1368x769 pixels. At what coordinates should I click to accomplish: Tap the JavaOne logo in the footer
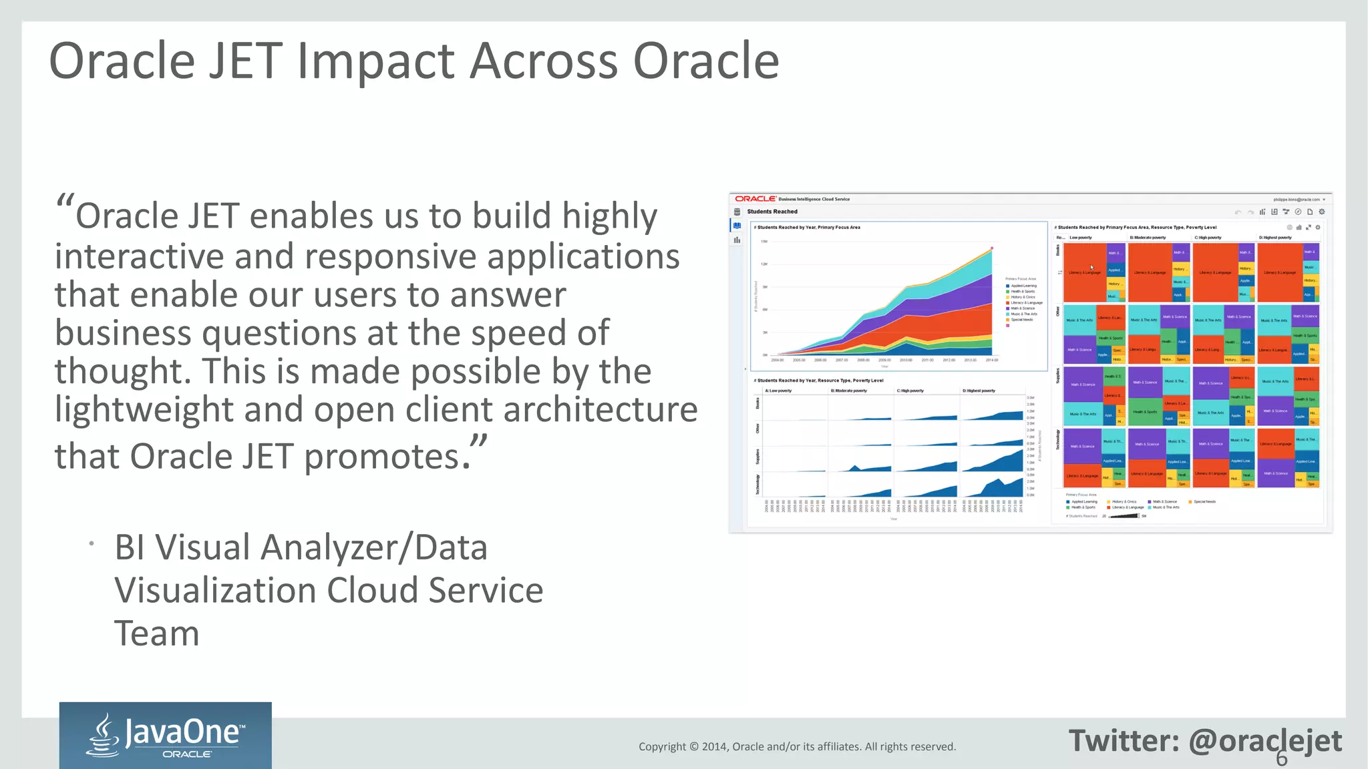coord(165,735)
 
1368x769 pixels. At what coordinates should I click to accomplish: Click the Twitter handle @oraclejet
coord(1265,741)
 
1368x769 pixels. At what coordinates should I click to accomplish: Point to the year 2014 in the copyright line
coord(714,746)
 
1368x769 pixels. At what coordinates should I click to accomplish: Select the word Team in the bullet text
coord(156,633)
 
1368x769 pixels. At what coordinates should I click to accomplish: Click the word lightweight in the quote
coord(143,409)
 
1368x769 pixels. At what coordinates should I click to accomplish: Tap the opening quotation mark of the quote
coord(65,202)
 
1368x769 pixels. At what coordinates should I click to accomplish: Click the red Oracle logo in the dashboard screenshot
coord(755,199)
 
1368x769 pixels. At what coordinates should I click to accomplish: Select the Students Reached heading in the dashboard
coord(772,212)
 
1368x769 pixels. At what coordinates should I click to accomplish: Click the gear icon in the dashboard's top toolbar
coord(1321,212)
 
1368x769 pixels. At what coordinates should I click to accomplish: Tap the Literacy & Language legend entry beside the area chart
coord(1026,302)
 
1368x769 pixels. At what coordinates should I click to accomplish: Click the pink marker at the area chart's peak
coord(992,248)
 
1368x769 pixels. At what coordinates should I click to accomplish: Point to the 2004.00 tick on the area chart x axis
coord(778,360)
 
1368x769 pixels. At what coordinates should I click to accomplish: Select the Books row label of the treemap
coord(1058,250)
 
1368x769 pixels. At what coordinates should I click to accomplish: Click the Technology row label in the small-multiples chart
coord(757,484)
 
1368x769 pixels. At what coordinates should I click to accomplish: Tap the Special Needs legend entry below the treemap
coord(1204,501)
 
